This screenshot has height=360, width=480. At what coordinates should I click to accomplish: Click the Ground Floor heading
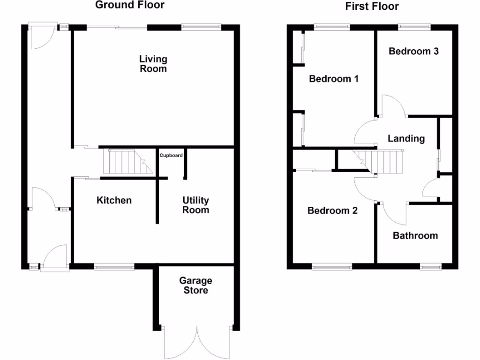130,5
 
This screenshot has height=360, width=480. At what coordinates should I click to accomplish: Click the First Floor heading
372,6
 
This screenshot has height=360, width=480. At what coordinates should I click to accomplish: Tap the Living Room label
153,64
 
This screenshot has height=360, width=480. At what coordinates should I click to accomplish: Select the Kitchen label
114,200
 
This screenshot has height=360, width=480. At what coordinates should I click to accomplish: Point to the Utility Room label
196,205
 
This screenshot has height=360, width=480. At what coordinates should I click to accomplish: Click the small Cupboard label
171,155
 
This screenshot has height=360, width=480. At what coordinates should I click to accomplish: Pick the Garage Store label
195,285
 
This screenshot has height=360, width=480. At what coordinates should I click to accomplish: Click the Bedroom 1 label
334,79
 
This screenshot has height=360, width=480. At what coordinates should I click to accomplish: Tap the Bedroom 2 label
332,210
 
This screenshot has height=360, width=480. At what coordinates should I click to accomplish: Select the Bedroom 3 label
413,51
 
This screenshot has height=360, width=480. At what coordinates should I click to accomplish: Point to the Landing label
406,138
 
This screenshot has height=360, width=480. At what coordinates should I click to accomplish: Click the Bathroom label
415,235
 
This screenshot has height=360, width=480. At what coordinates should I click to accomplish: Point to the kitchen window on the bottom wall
114,267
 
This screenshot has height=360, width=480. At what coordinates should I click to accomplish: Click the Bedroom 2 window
332,267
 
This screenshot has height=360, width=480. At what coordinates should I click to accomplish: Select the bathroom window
430,267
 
